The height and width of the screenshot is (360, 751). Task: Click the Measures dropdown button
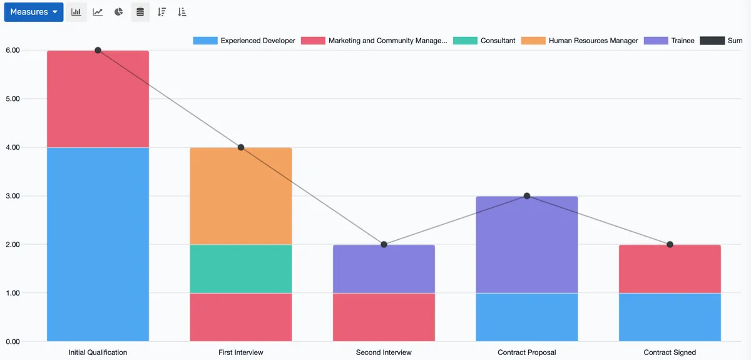point(34,12)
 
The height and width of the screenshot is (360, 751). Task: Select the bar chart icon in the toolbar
point(76,12)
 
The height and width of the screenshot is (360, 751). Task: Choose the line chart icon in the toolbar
point(98,12)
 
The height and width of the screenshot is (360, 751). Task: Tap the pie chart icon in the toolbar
point(119,12)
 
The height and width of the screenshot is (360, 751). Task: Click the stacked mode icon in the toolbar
point(140,12)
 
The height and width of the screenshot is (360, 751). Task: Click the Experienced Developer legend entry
point(244,41)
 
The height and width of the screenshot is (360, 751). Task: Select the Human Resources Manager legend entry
point(580,41)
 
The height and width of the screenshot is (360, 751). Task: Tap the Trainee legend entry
point(669,41)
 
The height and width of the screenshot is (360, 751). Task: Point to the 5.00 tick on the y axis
point(12,99)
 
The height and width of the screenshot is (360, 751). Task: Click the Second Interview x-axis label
point(384,352)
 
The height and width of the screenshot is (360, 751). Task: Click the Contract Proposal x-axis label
point(527,352)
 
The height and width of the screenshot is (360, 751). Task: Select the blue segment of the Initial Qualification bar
point(98,244)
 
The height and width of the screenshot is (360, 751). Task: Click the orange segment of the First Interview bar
point(241,196)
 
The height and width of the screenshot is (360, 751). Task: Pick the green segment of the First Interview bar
point(241,269)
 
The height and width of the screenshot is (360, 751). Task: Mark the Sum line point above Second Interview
point(384,244)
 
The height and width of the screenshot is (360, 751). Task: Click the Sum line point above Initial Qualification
point(98,50)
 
